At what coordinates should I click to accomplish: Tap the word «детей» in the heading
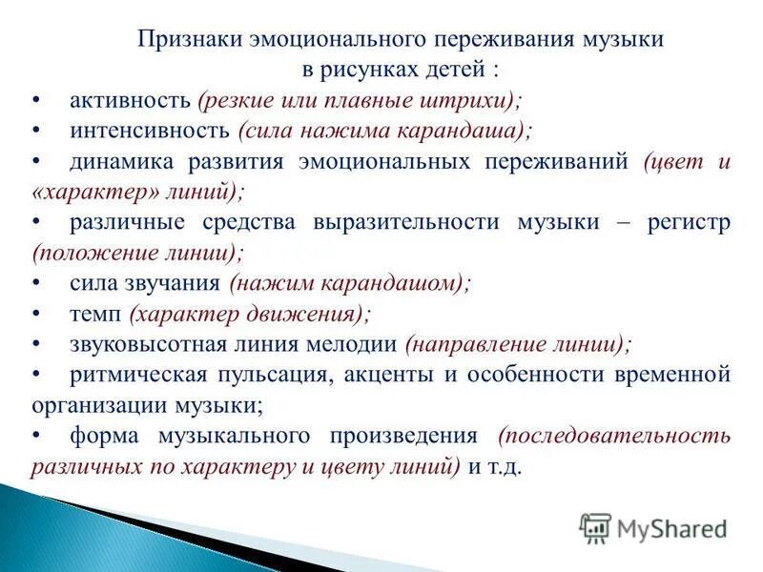(x=457, y=70)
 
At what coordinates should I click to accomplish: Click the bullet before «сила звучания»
(x=35, y=283)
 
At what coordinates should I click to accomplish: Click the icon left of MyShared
(x=595, y=528)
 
